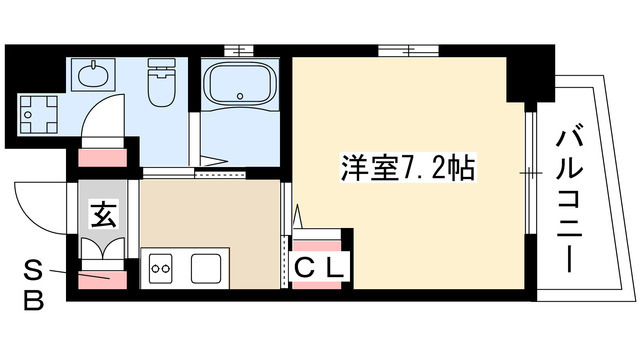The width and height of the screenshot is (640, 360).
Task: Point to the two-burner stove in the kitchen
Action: (x=162, y=268)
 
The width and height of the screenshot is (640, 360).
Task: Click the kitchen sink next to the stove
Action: (x=205, y=268)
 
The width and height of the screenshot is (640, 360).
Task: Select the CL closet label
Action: (x=321, y=267)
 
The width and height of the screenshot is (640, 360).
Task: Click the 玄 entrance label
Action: (x=102, y=213)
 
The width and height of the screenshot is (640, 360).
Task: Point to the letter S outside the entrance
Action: (x=33, y=268)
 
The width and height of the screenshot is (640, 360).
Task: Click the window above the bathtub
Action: (x=240, y=48)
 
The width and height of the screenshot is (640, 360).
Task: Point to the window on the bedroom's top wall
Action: (x=410, y=48)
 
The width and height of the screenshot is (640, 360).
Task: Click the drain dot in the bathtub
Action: (x=241, y=97)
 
